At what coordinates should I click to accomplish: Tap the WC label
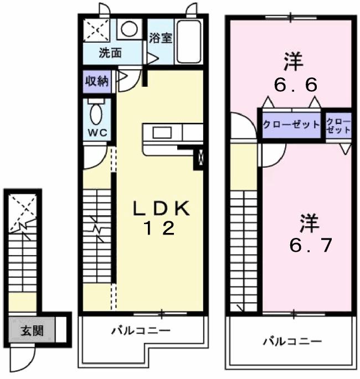[x=99, y=133]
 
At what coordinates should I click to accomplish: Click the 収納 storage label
[x=96, y=81]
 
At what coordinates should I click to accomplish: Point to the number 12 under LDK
[x=160, y=228]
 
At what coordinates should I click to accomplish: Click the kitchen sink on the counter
[x=162, y=133]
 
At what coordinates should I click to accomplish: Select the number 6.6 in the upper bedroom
[x=295, y=85]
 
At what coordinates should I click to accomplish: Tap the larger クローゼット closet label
[x=291, y=124]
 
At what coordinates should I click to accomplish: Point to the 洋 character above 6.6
[x=294, y=61]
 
